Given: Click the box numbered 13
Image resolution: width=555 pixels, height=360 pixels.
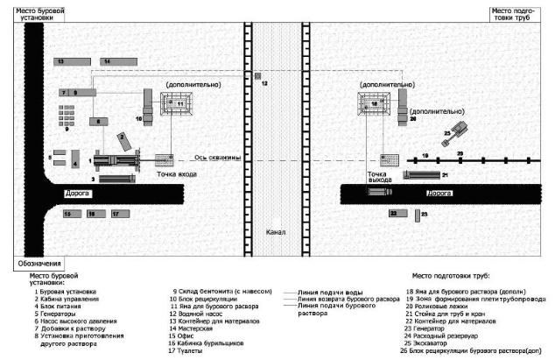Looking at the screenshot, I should [x=72, y=61].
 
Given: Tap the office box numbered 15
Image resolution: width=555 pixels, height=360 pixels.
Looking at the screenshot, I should [x=70, y=214].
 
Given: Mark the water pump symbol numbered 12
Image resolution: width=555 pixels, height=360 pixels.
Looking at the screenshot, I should [x=257, y=82].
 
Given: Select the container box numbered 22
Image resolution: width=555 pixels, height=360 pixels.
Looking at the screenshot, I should [x=399, y=213].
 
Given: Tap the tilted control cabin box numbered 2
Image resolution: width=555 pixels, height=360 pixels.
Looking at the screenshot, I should [x=127, y=143].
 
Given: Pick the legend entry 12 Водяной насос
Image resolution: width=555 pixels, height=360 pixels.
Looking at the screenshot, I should [x=198, y=314].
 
